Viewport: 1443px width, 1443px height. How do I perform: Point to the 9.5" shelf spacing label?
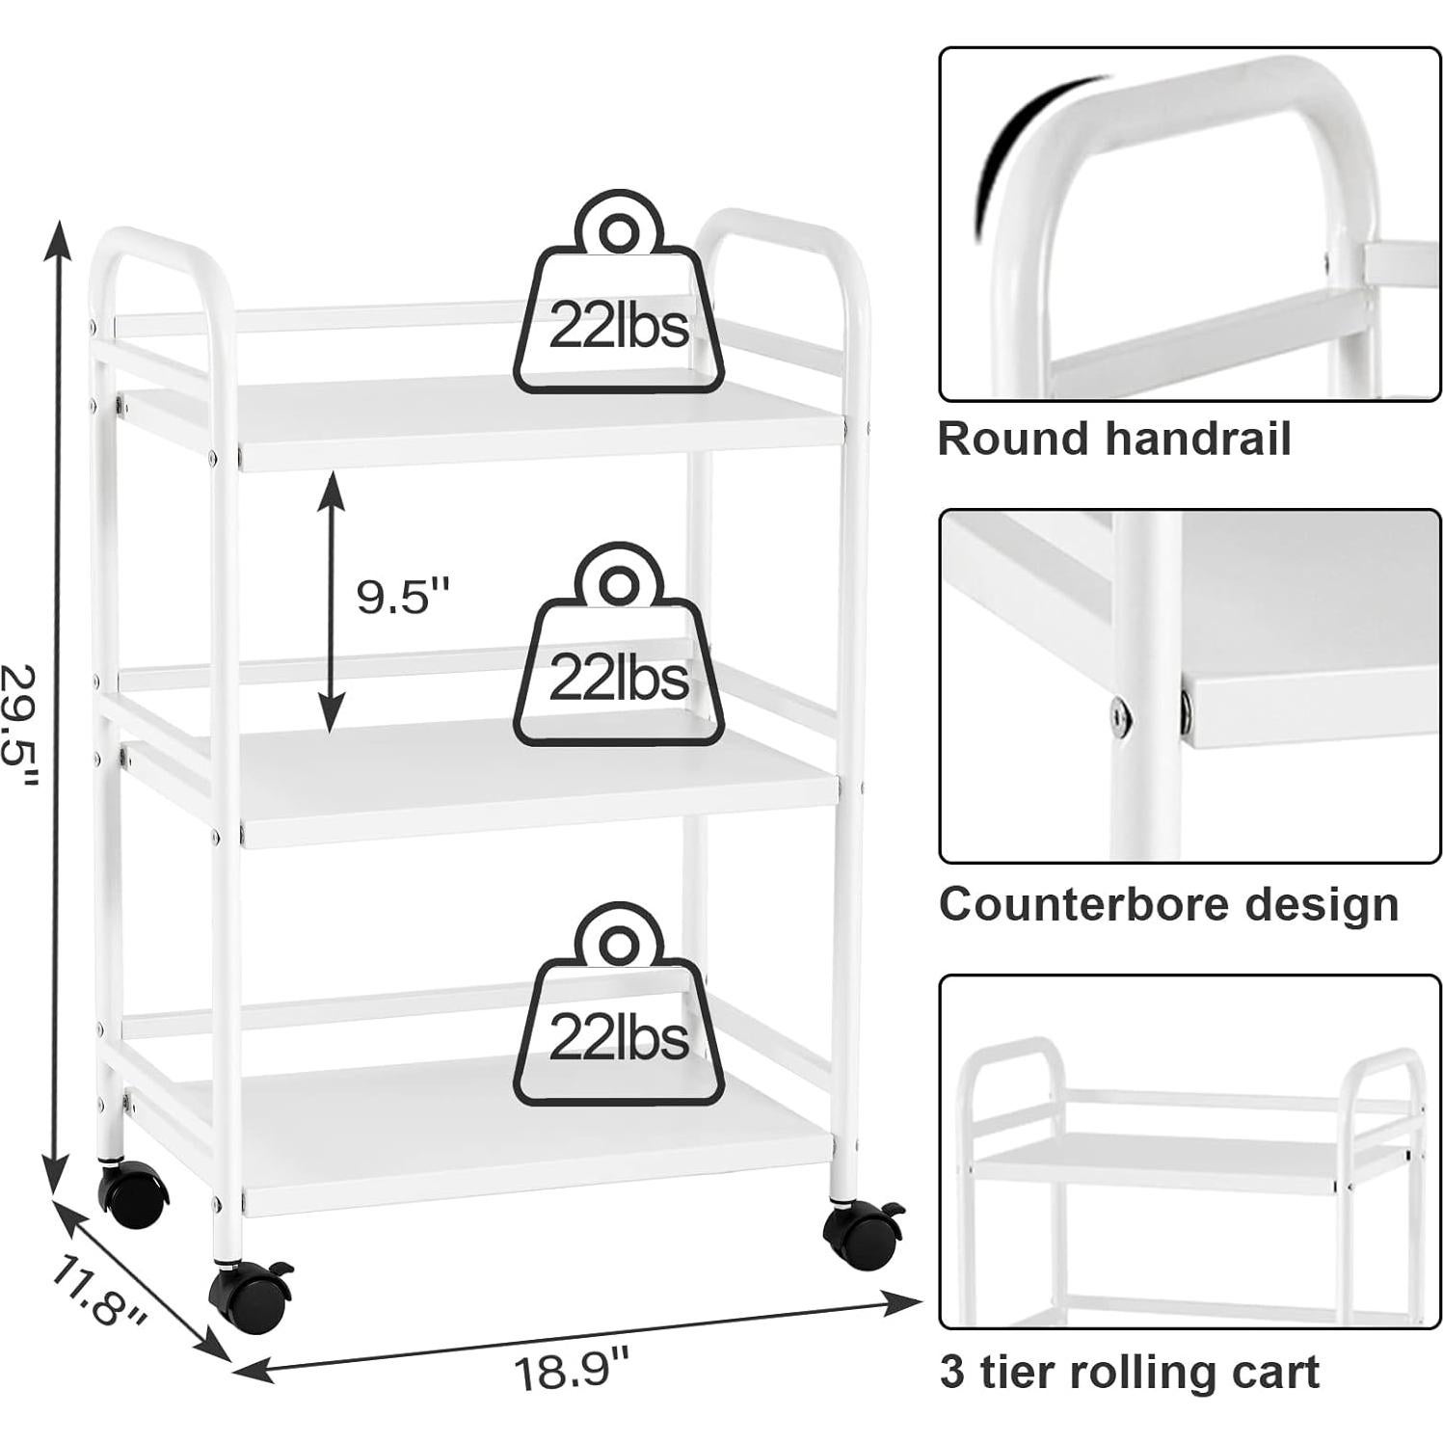coord(403,598)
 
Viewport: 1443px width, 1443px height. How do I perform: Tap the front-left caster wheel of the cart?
coord(251,1296)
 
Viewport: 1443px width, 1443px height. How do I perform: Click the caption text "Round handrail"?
coord(1113,440)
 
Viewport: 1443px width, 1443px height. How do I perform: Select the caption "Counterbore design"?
coord(1168,905)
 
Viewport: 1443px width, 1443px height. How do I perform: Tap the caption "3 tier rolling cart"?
coord(1129,1372)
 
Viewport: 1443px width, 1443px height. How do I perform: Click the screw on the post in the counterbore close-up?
coord(1117,715)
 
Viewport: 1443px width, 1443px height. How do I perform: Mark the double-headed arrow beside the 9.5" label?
coord(332,601)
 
